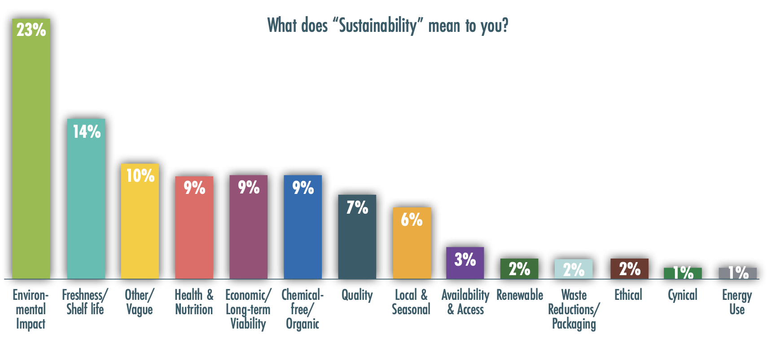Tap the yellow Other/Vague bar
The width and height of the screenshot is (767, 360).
click(x=140, y=224)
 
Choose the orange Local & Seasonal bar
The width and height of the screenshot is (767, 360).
click(x=412, y=247)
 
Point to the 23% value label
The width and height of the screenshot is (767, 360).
click(x=31, y=30)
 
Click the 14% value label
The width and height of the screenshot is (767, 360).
click(x=87, y=132)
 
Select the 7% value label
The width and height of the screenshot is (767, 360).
click(x=357, y=207)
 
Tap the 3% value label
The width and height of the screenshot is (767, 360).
click(x=465, y=259)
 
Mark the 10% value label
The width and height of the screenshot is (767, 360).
click(x=140, y=176)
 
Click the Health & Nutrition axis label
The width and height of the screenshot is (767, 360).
click(x=194, y=302)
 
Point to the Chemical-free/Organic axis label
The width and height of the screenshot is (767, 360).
click(x=302, y=309)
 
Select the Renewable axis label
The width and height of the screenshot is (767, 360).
click(x=520, y=295)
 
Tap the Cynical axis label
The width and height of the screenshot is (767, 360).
click(x=682, y=295)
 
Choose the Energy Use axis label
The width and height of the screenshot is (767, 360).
click(x=736, y=302)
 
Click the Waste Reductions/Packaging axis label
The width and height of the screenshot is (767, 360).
click(x=574, y=309)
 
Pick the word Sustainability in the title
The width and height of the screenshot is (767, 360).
click(x=377, y=26)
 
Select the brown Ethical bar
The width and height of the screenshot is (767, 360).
click(x=629, y=269)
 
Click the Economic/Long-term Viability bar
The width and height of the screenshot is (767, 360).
click(x=248, y=229)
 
